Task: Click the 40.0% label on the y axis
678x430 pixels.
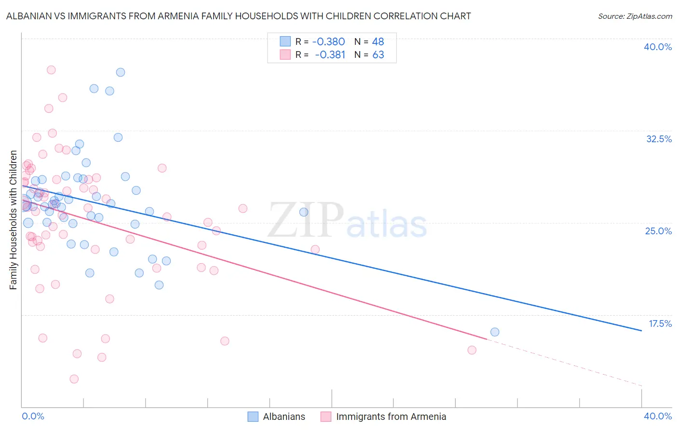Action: (x=658, y=47)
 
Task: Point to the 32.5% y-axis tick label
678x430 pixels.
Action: (x=659, y=139)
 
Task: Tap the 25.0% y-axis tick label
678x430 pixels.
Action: (x=658, y=231)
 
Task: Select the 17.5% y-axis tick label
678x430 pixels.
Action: (x=660, y=323)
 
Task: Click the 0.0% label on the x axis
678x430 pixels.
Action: (x=33, y=416)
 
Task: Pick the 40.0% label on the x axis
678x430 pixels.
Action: (x=657, y=416)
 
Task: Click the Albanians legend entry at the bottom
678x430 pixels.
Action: (x=276, y=417)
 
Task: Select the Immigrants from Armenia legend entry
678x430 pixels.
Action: (x=383, y=417)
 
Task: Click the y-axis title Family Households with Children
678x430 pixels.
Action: (x=13, y=220)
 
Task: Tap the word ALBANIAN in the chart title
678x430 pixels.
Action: (x=30, y=16)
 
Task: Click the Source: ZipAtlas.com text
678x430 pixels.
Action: (x=635, y=16)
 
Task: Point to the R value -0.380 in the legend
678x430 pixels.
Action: (x=328, y=41)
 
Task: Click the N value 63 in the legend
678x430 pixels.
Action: (x=378, y=55)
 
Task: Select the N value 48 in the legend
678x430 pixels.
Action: (x=378, y=41)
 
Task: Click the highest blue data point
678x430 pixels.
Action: (x=121, y=72)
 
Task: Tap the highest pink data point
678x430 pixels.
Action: (x=51, y=70)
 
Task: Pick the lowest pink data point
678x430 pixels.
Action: (x=74, y=379)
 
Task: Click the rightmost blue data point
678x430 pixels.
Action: (x=495, y=332)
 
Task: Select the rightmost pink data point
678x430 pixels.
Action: (x=472, y=350)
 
